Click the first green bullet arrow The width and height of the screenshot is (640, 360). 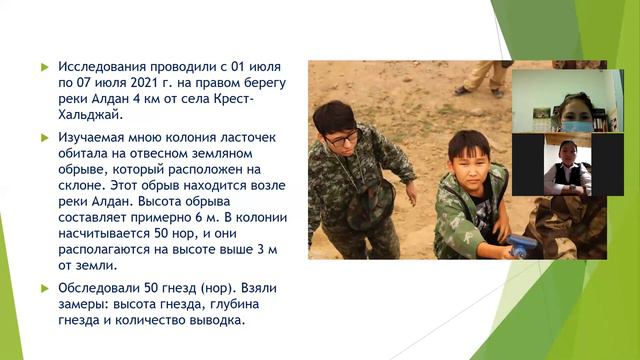44,67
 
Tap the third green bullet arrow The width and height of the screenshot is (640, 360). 44,288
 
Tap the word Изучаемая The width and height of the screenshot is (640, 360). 95,136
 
